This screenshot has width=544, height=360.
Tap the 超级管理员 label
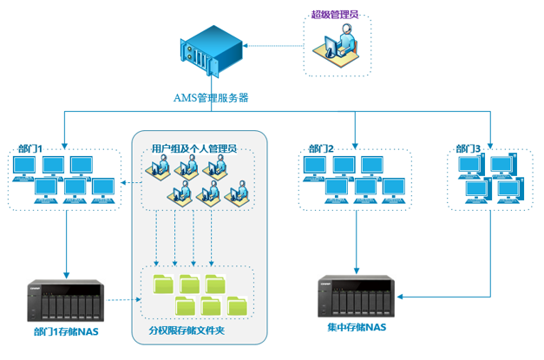coord(335,16)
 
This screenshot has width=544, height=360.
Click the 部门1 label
coord(30,149)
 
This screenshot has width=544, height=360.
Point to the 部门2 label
coord(320,149)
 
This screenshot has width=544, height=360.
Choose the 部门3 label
coord(469,149)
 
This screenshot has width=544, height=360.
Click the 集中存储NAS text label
coord(356,327)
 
